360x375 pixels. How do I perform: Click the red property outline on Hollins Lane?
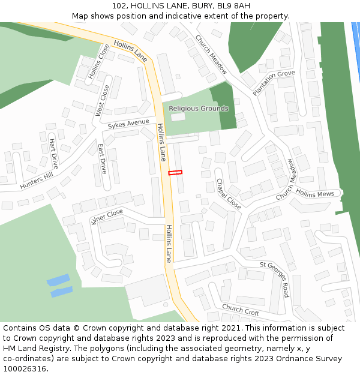click(x=175, y=173)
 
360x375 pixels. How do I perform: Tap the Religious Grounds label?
click(x=199, y=109)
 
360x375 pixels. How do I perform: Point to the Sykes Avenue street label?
click(x=128, y=124)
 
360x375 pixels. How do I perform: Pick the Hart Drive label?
click(x=53, y=154)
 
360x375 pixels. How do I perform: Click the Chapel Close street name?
click(x=229, y=194)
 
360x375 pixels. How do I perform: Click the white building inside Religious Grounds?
click(x=178, y=117)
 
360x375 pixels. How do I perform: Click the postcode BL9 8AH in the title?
click(x=230, y=6)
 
